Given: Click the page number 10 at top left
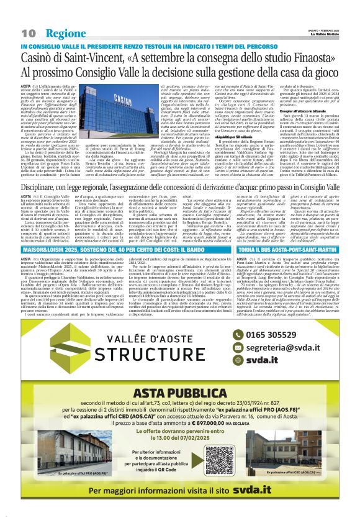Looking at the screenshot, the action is (28, 32).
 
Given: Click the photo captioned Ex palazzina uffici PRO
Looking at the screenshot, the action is (66, 465).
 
